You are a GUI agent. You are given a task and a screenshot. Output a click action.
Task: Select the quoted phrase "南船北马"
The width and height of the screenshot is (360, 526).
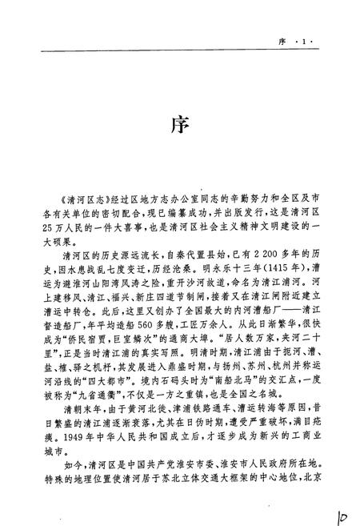click(x=233, y=397)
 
